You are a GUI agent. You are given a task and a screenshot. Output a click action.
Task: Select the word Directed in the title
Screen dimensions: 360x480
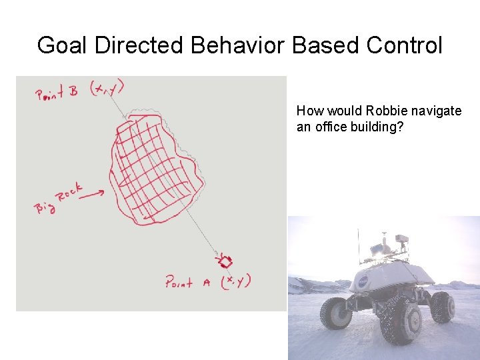139,45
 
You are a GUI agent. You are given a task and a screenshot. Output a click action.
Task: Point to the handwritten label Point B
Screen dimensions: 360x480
57,93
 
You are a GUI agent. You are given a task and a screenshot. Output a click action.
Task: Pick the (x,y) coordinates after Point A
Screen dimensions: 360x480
235,281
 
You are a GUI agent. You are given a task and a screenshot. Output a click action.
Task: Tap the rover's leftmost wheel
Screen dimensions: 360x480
335,313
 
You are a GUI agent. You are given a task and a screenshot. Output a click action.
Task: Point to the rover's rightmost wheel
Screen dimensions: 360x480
442,306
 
